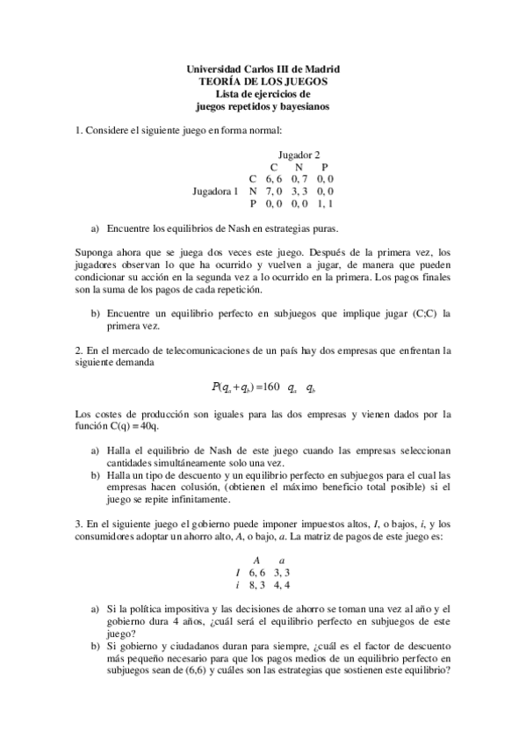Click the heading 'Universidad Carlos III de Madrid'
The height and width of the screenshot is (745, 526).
(x=264, y=69)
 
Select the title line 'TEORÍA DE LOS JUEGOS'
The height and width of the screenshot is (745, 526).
(x=264, y=82)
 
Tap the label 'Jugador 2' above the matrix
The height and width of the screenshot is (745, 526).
(x=299, y=155)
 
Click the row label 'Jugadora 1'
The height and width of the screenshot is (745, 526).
(x=215, y=191)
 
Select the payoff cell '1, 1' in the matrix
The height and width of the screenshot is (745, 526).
(x=324, y=203)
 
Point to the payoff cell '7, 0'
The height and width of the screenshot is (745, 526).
(x=274, y=191)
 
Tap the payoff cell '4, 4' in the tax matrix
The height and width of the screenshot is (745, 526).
(x=282, y=584)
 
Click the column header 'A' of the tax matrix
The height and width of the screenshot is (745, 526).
(x=256, y=560)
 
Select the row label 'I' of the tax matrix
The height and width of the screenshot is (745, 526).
(x=238, y=572)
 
